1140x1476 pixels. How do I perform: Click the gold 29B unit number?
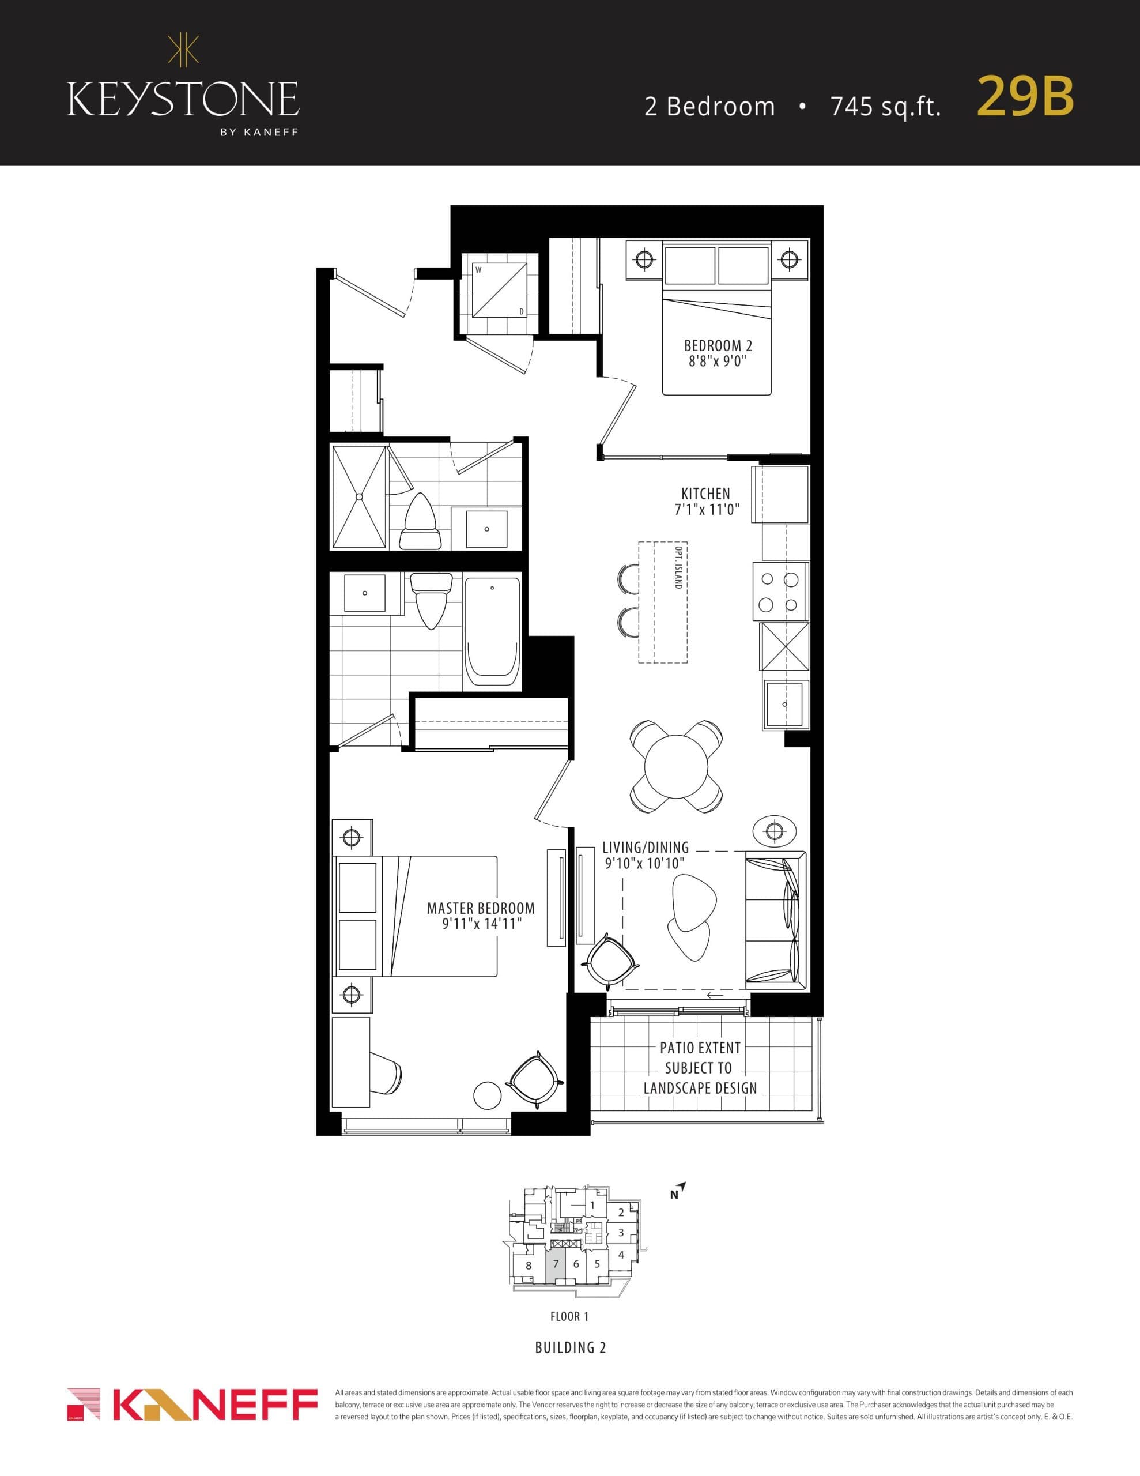(x=1025, y=97)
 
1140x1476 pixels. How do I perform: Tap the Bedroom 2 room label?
(x=717, y=346)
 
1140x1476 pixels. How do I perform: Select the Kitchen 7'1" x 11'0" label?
(x=706, y=502)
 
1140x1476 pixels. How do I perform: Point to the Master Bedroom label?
(x=481, y=909)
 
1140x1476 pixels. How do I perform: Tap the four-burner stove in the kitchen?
(x=780, y=592)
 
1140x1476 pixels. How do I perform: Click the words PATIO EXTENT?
(x=700, y=1048)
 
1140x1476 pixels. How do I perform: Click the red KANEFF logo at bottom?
(x=192, y=1405)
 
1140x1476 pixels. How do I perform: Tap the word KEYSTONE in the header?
(x=183, y=99)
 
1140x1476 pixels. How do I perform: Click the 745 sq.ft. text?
(x=885, y=107)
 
